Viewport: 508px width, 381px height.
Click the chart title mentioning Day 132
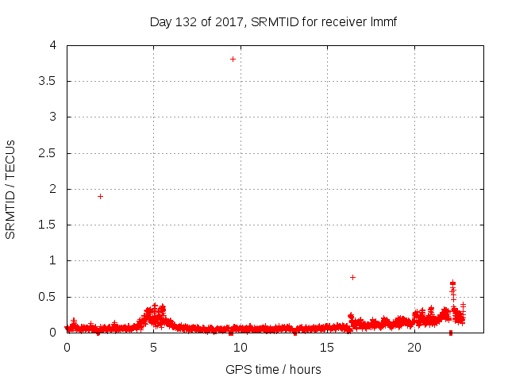click(273, 21)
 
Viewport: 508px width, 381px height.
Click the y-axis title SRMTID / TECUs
click(10, 190)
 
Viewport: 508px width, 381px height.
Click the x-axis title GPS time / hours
click(273, 369)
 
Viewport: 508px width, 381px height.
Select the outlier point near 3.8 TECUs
click(233, 59)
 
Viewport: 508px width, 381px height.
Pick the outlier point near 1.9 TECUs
click(100, 196)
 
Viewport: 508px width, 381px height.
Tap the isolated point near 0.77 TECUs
click(352, 277)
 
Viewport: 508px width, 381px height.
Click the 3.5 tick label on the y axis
click(48, 81)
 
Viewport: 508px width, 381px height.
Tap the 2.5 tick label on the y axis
click(48, 152)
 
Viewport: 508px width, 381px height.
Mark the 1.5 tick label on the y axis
click(48, 225)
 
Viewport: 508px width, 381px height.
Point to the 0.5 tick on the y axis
click(48, 297)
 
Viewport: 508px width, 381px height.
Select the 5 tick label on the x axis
click(153, 348)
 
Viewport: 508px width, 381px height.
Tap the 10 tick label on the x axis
click(241, 348)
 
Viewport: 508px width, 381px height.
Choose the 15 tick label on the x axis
click(327, 348)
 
